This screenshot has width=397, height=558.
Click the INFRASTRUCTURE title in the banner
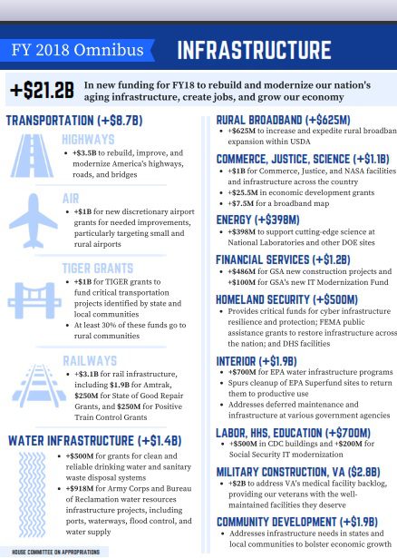(253, 49)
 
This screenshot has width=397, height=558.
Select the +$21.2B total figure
(42, 90)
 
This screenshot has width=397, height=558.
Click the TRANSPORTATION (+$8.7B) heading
(74, 120)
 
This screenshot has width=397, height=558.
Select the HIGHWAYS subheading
(88, 140)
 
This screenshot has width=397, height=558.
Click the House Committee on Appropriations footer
(55, 551)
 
